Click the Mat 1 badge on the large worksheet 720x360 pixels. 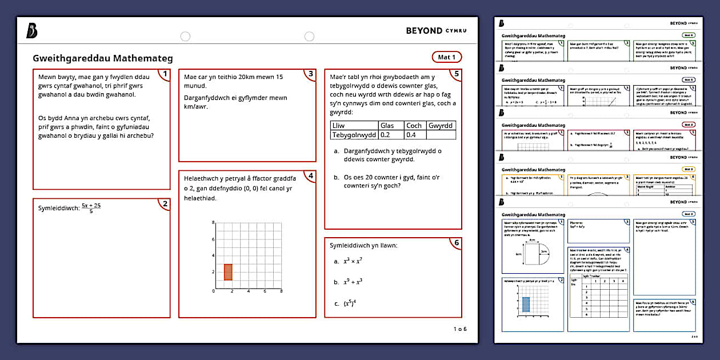coord(446,57)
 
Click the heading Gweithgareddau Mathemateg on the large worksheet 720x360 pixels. coord(103,58)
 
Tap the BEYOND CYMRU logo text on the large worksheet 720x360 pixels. coord(435,30)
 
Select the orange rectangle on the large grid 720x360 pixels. coord(228,272)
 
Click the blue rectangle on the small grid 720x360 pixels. coord(526,304)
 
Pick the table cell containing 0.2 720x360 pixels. coord(391,135)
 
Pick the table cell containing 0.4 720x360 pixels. coord(415,135)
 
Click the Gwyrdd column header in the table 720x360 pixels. coord(441,126)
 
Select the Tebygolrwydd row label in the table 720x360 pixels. coord(354,135)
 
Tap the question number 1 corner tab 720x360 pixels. coord(165,74)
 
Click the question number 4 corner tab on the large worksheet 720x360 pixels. coord(310,175)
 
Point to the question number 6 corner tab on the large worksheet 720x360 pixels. coord(456,242)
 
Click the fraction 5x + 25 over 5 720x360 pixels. coord(91,207)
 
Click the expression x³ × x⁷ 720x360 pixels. coord(353,261)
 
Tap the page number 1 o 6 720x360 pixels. coord(460,329)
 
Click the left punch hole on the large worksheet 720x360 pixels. coord(185,37)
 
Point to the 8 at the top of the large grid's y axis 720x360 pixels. coord(213,222)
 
